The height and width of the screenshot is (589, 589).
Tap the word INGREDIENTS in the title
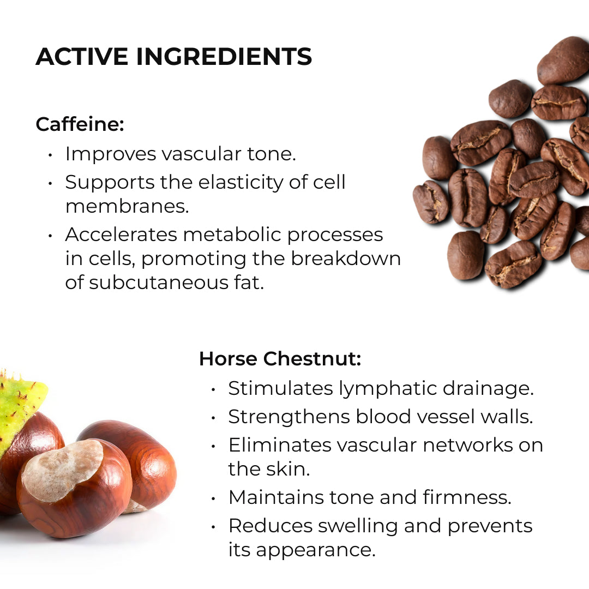pos(224,56)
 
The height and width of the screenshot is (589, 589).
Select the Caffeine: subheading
pos(80,124)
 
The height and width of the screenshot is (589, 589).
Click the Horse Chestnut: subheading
pos(280,358)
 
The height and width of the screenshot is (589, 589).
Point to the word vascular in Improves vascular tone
pos(201,154)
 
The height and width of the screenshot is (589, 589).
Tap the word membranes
pos(127,206)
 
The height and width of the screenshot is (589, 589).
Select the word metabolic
pos(232,235)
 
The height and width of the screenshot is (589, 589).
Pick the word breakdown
pos(346,259)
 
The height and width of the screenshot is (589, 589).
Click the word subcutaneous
pos(158,282)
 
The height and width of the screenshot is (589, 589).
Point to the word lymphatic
pos(388,389)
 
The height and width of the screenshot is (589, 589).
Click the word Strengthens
pos(289,417)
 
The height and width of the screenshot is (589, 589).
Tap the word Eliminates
pos(280,445)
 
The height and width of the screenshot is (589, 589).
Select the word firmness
pos(467,497)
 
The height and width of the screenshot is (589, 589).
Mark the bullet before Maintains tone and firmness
pos(213,498)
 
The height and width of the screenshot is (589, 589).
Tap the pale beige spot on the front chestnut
pos(63,470)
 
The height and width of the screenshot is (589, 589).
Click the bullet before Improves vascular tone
pos(50,155)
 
